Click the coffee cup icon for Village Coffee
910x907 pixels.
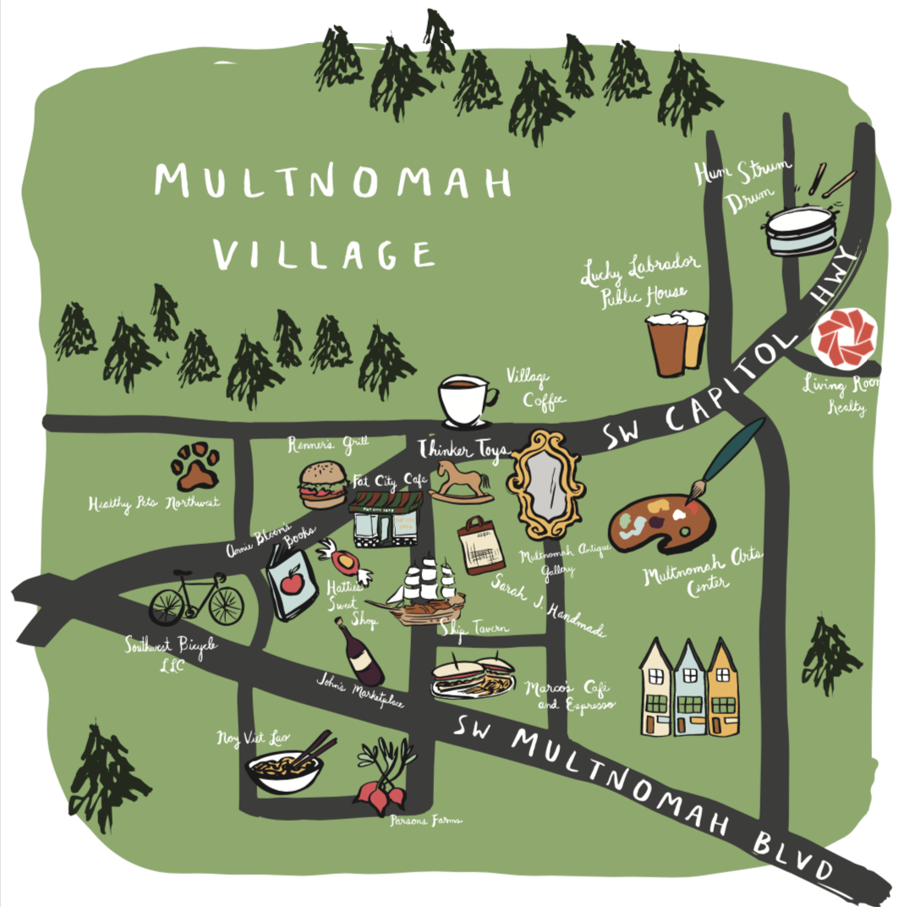[x=465, y=401]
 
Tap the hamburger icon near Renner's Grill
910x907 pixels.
[x=322, y=485]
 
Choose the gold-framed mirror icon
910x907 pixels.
[x=545, y=484]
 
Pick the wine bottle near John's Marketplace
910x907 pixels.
[x=359, y=653]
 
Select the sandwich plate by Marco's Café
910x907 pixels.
[x=474, y=677]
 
